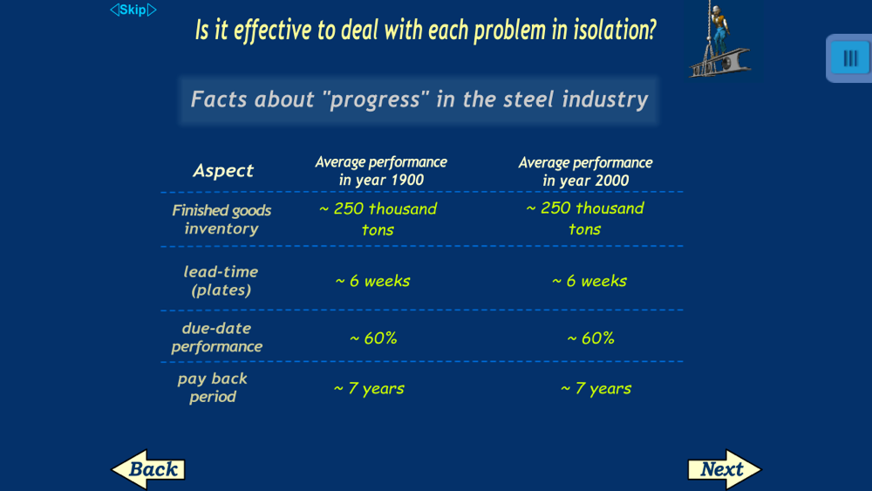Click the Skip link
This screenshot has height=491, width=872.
pos(133,10)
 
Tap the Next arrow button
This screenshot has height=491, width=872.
pos(724,469)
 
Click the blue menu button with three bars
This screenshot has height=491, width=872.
pos(849,58)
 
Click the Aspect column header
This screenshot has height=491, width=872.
pos(223,170)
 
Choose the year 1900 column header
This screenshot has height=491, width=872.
pos(381,171)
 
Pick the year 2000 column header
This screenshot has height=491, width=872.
pos(586,171)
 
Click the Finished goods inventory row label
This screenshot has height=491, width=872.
pos(221,219)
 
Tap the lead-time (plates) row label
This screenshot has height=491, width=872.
pos(221,281)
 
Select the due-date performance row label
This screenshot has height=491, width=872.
pos(217,337)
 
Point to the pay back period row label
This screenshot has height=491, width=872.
pos(213,387)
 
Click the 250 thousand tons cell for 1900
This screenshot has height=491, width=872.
pos(378,219)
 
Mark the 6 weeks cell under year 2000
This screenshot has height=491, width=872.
pos(589,281)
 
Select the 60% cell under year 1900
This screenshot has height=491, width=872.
pos(373,338)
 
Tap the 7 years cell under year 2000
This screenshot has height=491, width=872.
pos(596,388)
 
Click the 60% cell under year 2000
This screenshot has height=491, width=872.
pos(590,338)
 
